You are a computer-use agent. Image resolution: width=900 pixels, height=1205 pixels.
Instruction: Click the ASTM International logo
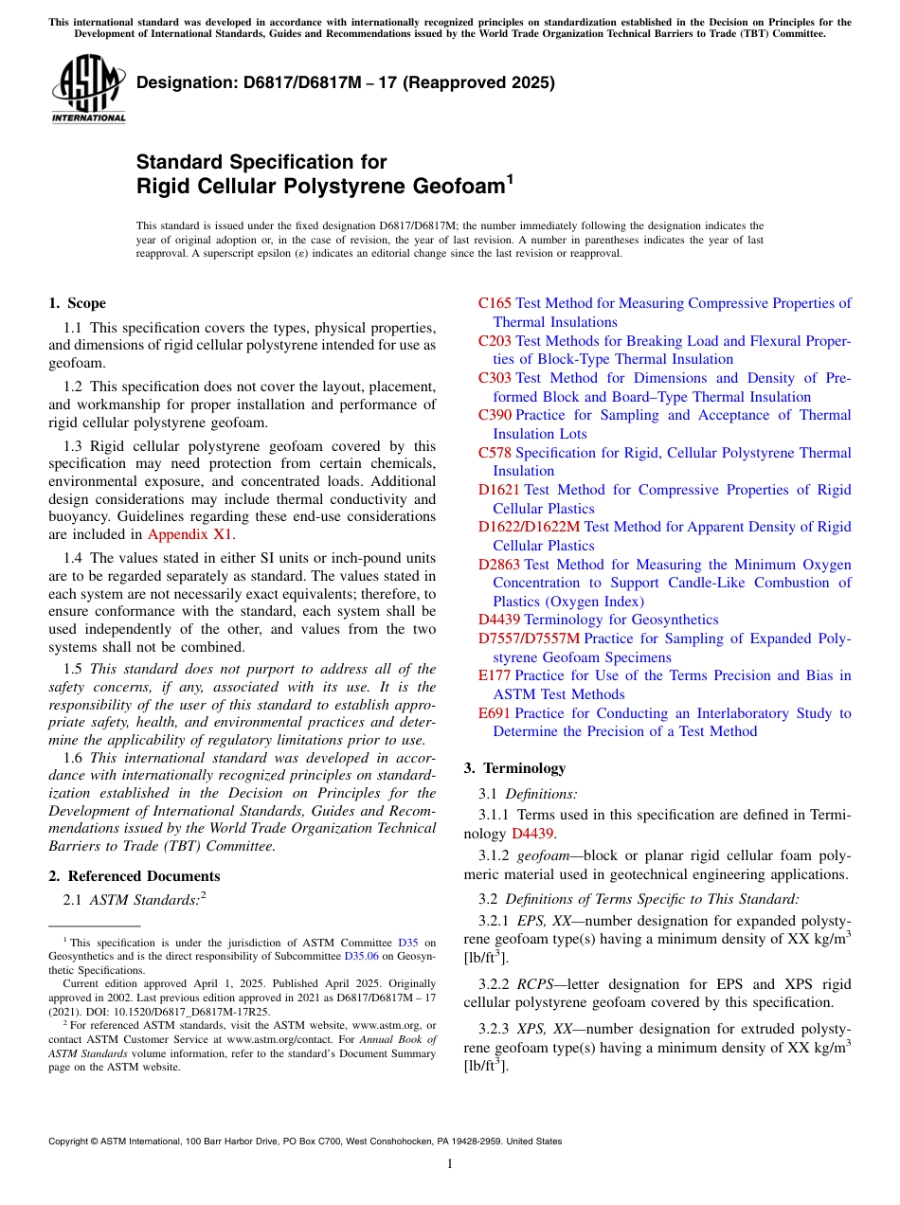(88, 89)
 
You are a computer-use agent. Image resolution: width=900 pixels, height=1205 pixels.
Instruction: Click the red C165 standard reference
(495, 303)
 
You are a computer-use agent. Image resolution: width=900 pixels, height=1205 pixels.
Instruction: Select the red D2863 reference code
(499, 565)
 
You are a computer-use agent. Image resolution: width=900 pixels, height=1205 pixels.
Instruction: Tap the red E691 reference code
(495, 713)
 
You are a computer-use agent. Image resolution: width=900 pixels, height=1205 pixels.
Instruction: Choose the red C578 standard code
(495, 453)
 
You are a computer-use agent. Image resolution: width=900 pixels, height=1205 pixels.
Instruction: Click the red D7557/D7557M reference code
(529, 638)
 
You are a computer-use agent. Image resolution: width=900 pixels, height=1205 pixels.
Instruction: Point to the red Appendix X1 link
(189, 534)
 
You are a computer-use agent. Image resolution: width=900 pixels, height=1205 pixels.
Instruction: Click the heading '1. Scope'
(77, 303)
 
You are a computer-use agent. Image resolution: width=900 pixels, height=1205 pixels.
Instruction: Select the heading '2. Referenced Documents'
(135, 876)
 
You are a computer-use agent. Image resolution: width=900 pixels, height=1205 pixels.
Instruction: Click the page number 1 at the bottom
(450, 1164)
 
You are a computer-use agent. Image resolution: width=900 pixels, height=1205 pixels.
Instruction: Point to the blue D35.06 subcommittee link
(362, 957)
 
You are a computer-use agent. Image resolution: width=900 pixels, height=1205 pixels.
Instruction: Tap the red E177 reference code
(495, 675)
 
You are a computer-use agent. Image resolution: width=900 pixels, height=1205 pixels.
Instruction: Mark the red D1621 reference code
(499, 490)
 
